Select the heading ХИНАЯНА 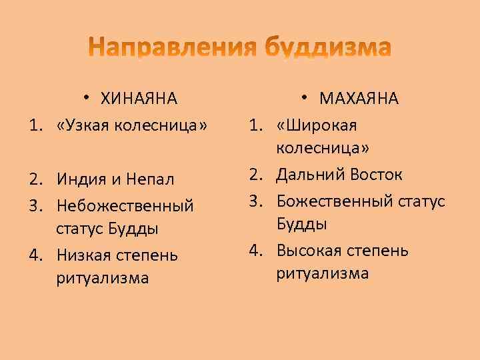(x=139, y=99)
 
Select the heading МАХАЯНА (x=359, y=99)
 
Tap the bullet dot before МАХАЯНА (x=303, y=97)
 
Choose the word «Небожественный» (x=125, y=205)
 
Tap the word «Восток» (x=373, y=175)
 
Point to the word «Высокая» (x=309, y=251)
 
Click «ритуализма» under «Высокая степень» (x=323, y=273)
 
